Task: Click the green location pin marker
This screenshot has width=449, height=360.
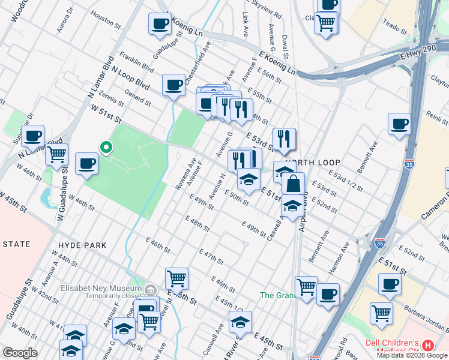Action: click(x=106, y=147)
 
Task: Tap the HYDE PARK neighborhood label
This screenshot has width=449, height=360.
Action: click(x=82, y=245)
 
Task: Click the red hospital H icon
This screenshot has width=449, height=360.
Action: click(x=427, y=346)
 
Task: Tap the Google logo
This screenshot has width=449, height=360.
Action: click(x=20, y=353)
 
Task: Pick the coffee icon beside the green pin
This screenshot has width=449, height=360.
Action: click(x=87, y=163)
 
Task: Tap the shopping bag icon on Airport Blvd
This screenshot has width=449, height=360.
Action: click(x=292, y=183)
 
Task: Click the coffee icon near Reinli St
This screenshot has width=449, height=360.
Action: click(x=399, y=124)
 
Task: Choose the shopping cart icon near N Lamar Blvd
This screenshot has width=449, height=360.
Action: click(x=56, y=154)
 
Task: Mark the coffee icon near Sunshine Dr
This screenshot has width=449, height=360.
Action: click(x=33, y=136)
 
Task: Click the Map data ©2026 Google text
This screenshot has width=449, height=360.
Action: click(x=412, y=355)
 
